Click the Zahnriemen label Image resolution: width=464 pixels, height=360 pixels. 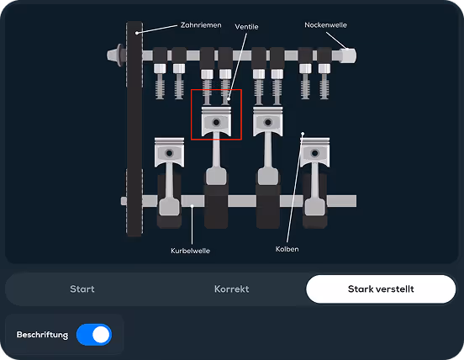point(201,25)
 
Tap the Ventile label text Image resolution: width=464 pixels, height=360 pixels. point(246,27)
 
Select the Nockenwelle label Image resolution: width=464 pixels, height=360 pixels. point(325,25)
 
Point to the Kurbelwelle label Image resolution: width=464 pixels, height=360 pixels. point(190,251)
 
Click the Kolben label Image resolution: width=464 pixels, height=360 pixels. point(287,249)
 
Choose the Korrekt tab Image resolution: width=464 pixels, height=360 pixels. point(231,289)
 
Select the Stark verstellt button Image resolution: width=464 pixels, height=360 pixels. point(381,289)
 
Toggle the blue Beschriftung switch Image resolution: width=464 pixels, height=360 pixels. point(94,335)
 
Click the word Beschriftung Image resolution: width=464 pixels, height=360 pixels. point(42,335)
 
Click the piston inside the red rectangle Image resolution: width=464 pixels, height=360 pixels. point(216,121)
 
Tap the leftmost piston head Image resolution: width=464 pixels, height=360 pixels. point(169,152)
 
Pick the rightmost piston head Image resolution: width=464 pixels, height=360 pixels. point(315,152)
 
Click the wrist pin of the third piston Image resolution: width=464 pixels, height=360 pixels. point(268,122)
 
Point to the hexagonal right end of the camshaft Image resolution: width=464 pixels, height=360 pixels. point(348,56)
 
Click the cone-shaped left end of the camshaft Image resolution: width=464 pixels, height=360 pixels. point(113,56)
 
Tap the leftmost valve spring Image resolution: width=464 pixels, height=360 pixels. point(160,87)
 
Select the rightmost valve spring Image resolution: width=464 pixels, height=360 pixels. point(324,87)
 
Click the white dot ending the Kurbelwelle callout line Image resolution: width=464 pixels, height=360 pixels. point(192,206)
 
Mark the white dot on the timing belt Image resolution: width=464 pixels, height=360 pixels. point(137,33)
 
